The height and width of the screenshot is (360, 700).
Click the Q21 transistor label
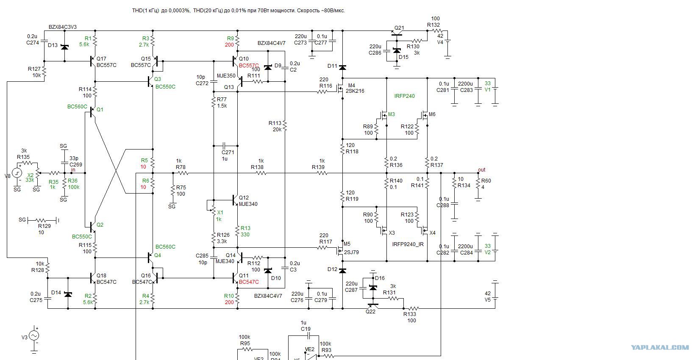pos(399,28)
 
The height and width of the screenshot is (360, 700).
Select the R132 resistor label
pos(433,25)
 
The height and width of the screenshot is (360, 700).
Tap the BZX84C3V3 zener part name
pos(63,27)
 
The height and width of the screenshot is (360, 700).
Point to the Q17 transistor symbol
pos(93,61)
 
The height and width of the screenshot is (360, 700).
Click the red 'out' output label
pos(481,170)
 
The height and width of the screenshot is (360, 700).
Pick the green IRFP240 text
pos(404,96)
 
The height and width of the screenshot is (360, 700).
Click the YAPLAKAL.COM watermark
pos(660,348)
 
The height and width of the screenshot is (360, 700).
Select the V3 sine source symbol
pos(34,335)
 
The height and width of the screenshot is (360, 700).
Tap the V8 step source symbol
pos(17,173)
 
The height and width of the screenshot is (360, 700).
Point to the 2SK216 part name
pos(355,91)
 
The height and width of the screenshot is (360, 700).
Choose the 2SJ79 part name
pos(351,252)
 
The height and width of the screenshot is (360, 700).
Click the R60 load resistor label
pos(486,181)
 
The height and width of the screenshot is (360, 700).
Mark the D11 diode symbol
pos(342,67)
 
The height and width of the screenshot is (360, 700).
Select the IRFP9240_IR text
pos(408,244)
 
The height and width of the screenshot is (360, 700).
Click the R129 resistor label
pos(44,226)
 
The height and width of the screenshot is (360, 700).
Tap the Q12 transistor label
pos(244,198)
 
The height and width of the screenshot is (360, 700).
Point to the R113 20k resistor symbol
pos(285,126)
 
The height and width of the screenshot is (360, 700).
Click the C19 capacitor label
pos(306,329)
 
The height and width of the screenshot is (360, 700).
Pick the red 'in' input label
pos(73,170)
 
